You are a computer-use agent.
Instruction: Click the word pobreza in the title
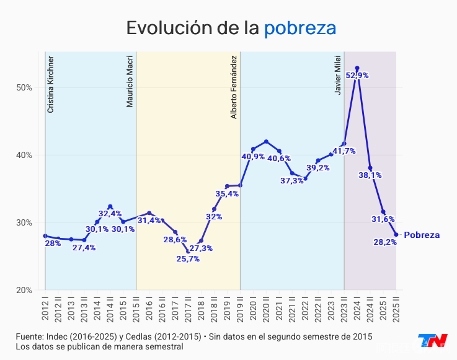(x=300, y=29)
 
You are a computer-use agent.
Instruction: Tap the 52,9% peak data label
(x=357, y=76)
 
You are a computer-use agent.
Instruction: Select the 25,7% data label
(x=188, y=259)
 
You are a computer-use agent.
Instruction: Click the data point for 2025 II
(x=396, y=234)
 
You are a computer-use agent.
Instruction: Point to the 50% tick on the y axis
(x=24, y=87)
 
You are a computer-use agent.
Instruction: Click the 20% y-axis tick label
(x=24, y=290)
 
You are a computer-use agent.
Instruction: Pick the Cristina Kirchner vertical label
(x=51, y=84)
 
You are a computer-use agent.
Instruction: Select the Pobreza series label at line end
(x=422, y=235)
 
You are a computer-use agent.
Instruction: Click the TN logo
(x=432, y=341)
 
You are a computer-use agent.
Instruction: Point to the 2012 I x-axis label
(x=45, y=307)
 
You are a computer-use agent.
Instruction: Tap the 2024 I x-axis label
(x=357, y=307)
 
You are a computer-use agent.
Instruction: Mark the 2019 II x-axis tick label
(x=240, y=307)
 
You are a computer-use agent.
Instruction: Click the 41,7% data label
(x=344, y=151)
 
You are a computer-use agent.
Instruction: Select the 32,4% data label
(x=111, y=214)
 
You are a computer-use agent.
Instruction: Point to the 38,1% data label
(x=370, y=175)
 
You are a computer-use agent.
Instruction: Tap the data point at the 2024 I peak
(x=357, y=68)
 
